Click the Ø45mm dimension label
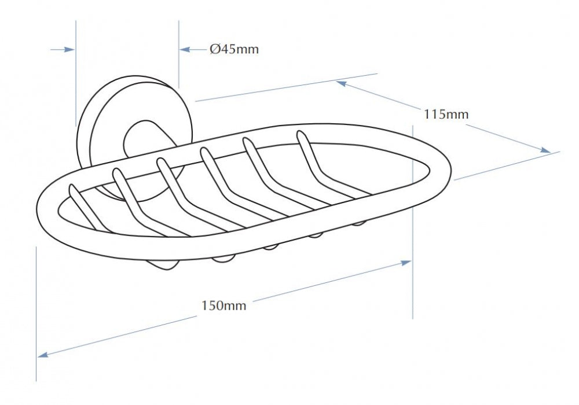(x=234, y=49)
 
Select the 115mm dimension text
(x=446, y=115)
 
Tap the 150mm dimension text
(x=223, y=305)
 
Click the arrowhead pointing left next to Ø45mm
(x=185, y=49)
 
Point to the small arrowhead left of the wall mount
(x=70, y=49)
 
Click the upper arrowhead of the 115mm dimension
(x=341, y=83)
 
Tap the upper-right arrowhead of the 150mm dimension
(x=406, y=263)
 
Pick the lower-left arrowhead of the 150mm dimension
(x=43, y=355)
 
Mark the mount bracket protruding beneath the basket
(x=163, y=266)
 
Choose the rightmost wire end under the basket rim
(x=359, y=223)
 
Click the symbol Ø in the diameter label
(x=215, y=49)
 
